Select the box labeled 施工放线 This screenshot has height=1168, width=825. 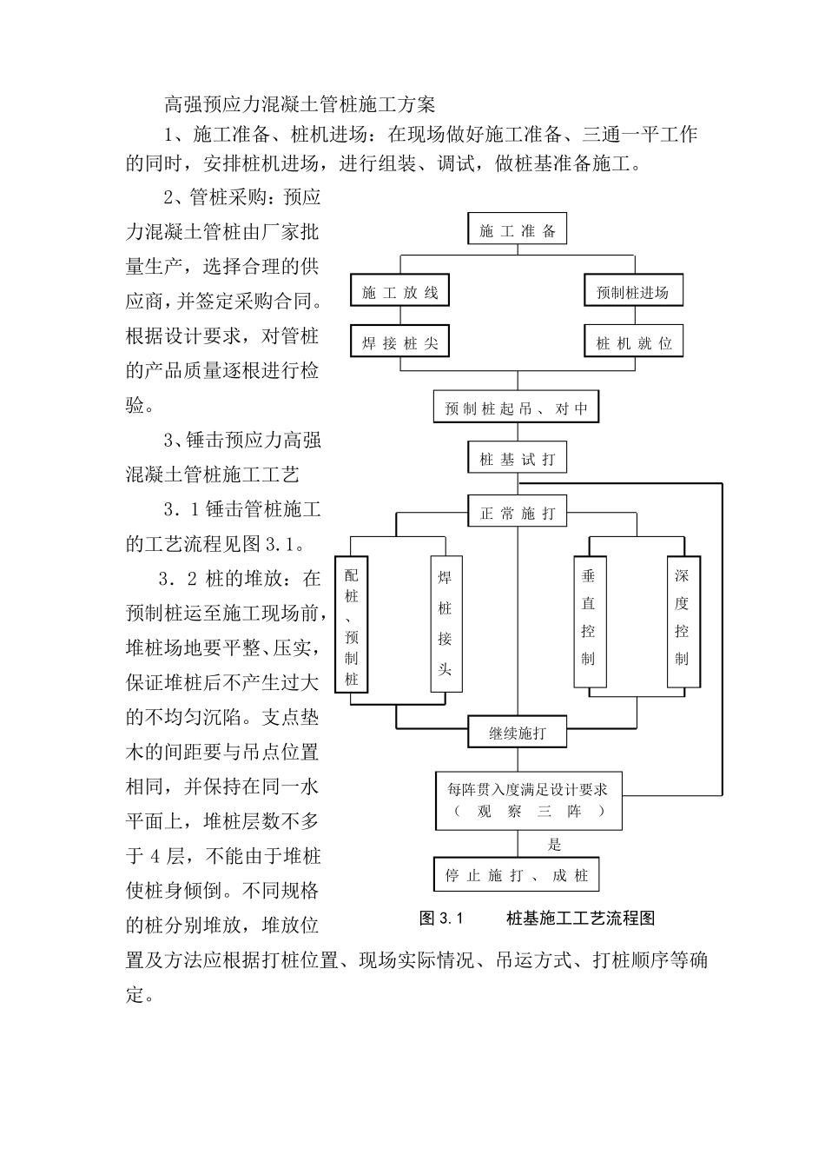(x=399, y=292)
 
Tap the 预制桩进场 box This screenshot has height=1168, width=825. (x=633, y=292)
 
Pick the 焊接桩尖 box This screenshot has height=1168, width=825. (x=399, y=342)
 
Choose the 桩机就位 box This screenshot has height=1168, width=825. (x=633, y=342)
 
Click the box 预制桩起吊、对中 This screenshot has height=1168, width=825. (x=517, y=408)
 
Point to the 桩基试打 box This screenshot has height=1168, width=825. (x=517, y=459)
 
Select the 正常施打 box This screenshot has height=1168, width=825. (x=517, y=513)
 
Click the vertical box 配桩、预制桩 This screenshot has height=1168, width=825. (x=352, y=625)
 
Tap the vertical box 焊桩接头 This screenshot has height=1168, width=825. (x=445, y=625)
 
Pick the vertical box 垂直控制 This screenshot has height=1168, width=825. (x=589, y=621)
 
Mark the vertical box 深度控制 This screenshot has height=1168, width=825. (x=682, y=621)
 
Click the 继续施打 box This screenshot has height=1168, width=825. (x=517, y=733)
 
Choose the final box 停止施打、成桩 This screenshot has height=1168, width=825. (x=517, y=875)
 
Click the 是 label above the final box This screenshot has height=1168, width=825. (x=555, y=845)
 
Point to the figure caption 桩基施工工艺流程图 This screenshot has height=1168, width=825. (x=580, y=919)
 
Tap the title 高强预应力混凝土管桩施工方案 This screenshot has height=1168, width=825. (x=300, y=105)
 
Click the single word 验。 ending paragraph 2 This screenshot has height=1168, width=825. (x=141, y=405)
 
